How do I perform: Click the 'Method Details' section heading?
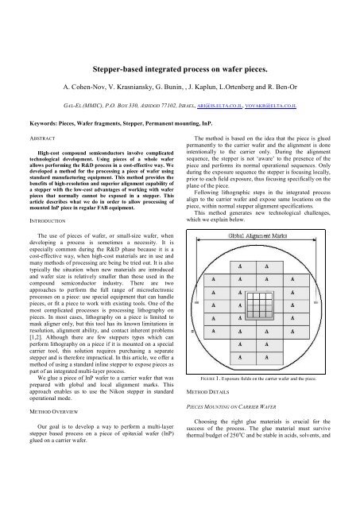click(x=211, y=436)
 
